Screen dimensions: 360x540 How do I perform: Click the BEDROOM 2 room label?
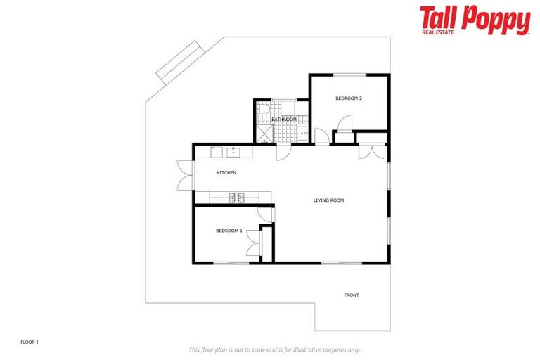[x=349, y=98]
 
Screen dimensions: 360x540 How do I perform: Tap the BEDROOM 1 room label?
[x=229, y=231]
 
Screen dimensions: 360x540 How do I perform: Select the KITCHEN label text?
[x=226, y=172]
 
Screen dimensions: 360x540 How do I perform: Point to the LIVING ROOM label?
[x=328, y=200]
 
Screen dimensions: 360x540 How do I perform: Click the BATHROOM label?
[x=284, y=120]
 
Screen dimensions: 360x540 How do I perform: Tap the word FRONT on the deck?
[x=352, y=295]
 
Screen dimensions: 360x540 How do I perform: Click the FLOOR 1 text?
[x=30, y=342]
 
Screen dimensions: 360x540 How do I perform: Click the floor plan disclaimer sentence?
[x=274, y=349]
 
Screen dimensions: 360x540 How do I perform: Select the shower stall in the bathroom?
[x=264, y=134]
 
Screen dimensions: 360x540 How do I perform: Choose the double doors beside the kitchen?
[x=185, y=174]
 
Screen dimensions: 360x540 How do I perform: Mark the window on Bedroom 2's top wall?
[x=349, y=75]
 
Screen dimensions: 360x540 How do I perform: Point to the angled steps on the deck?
[x=180, y=62]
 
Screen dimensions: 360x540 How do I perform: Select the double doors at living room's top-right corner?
[x=371, y=151]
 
